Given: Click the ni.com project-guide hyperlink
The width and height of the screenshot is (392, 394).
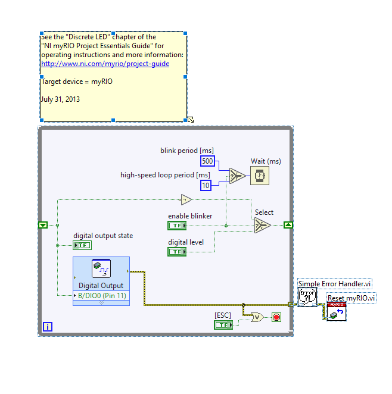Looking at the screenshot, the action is [x=105, y=64].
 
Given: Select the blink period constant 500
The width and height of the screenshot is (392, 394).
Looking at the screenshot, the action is [x=207, y=161].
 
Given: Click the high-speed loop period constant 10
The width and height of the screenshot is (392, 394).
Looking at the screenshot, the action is [x=206, y=186].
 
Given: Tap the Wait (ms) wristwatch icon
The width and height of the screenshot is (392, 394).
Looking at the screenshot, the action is [x=260, y=176].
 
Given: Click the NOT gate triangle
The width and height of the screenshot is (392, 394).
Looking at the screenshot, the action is [x=186, y=200].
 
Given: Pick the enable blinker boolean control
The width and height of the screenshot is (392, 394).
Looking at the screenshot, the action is [x=177, y=226].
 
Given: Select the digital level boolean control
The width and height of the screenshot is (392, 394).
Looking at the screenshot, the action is [x=177, y=252].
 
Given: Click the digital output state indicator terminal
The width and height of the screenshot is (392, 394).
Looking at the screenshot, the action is [x=82, y=245].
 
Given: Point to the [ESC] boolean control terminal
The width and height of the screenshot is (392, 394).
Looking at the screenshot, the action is [x=223, y=325].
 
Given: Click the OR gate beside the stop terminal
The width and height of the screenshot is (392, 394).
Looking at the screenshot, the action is [x=257, y=317].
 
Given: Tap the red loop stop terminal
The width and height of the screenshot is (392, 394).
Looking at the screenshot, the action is [x=276, y=317].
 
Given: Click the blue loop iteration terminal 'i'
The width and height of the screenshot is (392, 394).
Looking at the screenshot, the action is [x=48, y=327].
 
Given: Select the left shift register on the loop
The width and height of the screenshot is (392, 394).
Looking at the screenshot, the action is [x=43, y=225].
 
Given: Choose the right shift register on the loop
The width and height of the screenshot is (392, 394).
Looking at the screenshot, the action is [x=288, y=225].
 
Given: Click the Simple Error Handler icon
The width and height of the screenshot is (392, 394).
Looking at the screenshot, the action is [x=307, y=297].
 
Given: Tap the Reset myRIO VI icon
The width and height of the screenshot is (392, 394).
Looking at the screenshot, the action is [x=337, y=312].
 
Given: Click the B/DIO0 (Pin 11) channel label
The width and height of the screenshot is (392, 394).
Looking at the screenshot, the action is [x=102, y=295].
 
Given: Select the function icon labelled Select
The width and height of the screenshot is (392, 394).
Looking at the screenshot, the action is [x=263, y=226].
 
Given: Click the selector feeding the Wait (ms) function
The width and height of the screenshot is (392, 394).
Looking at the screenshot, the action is [x=237, y=176].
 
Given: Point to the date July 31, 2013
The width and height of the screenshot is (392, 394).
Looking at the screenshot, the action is [x=60, y=99].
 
